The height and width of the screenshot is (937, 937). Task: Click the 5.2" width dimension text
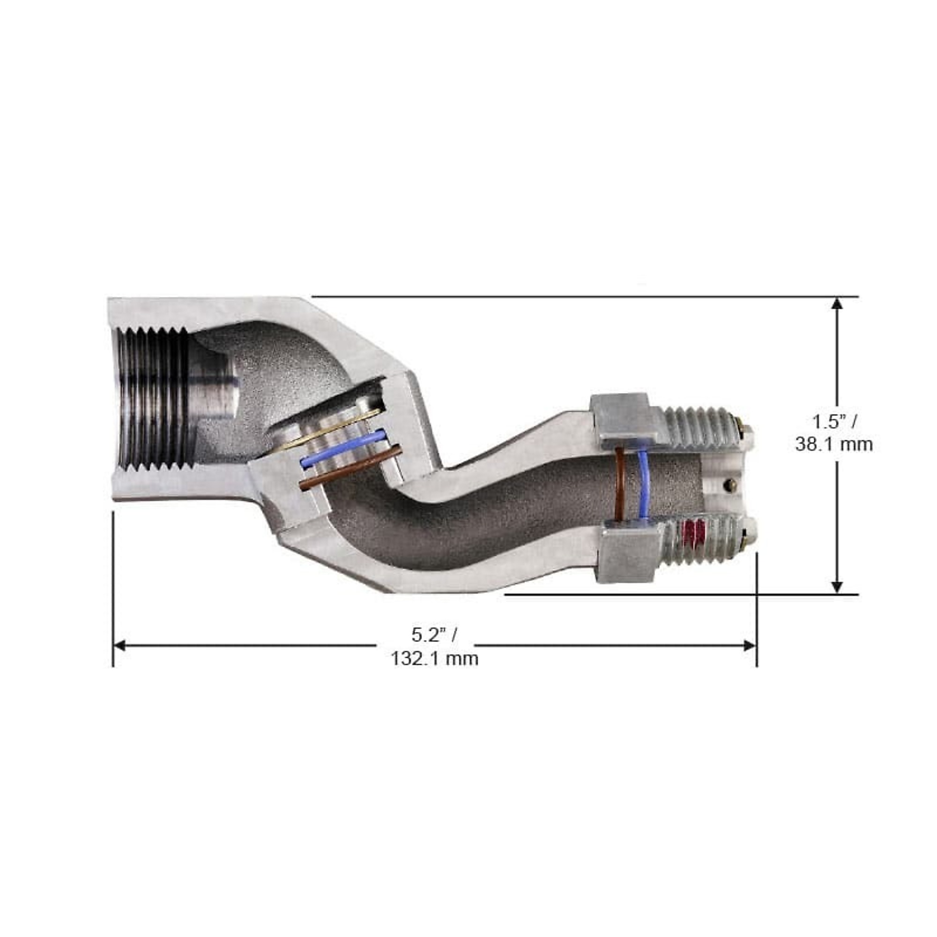(x=434, y=634)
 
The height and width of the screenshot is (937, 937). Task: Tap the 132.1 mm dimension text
(x=435, y=659)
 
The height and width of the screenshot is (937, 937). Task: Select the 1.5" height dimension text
(x=834, y=421)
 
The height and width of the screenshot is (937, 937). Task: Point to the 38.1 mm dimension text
(x=834, y=444)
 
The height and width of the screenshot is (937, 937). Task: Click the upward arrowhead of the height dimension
(x=837, y=304)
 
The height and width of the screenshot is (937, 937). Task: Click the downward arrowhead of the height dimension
(x=837, y=587)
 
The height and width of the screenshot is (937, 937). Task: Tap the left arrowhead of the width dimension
(x=120, y=646)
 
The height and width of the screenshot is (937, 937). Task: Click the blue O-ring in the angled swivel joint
(x=343, y=448)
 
